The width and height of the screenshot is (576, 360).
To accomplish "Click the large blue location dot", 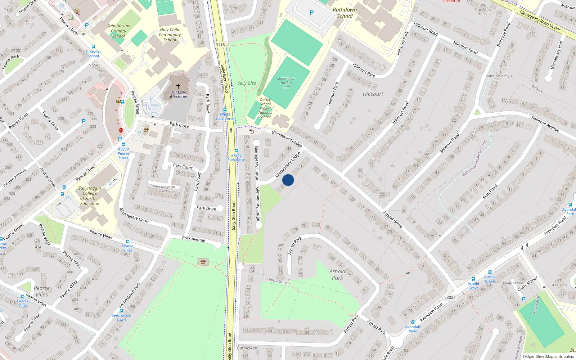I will pyautogui.click(x=288, y=180).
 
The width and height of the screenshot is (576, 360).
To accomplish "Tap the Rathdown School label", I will pyautogui.click(x=345, y=13).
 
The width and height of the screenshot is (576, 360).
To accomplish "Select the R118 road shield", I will pyautogui.click(x=220, y=45).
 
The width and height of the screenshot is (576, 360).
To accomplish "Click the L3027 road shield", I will pyautogui.click(x=450, y=297).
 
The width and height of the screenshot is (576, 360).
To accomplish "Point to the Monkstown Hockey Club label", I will pyautogui.click(x=286, y=83).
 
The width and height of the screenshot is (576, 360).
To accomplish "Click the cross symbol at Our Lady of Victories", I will pyautogui.click(x=178, y=86).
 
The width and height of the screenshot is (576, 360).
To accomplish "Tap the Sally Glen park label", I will pyautogui.click(x=247, y=83).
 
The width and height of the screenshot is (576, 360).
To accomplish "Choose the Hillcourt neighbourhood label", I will pyautogui.click(x=373, y=94).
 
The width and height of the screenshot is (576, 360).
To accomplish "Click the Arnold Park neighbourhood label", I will pyautogui.click(x=337, y=275).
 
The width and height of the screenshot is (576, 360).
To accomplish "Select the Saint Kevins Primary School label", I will pyautogui.click(x=118, y=31).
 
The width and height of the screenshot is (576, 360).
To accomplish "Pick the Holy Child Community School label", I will pyautogui.click(x=170, y=35).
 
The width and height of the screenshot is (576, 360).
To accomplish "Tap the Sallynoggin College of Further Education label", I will pyautogui.click(x=90, y=196).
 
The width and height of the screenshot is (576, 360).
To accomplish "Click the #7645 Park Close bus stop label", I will pyautogui.click(x=225, y=117).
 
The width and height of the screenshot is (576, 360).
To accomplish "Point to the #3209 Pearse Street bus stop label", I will pyautogui.click(x=123, y=153).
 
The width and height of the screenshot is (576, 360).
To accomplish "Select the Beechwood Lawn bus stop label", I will pyautogui.click(x=121, y=318).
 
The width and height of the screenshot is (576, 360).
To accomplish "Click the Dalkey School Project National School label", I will pyautogui.click(x=265, y=108).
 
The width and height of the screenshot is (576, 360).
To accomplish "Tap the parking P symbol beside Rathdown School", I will pyautogui.click(x=312, y=13).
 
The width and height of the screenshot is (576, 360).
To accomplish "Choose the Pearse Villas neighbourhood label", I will pyautogui.click(x=42, y=291).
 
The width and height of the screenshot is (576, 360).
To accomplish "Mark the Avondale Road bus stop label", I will pyautogui.click(x=413, y=329).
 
